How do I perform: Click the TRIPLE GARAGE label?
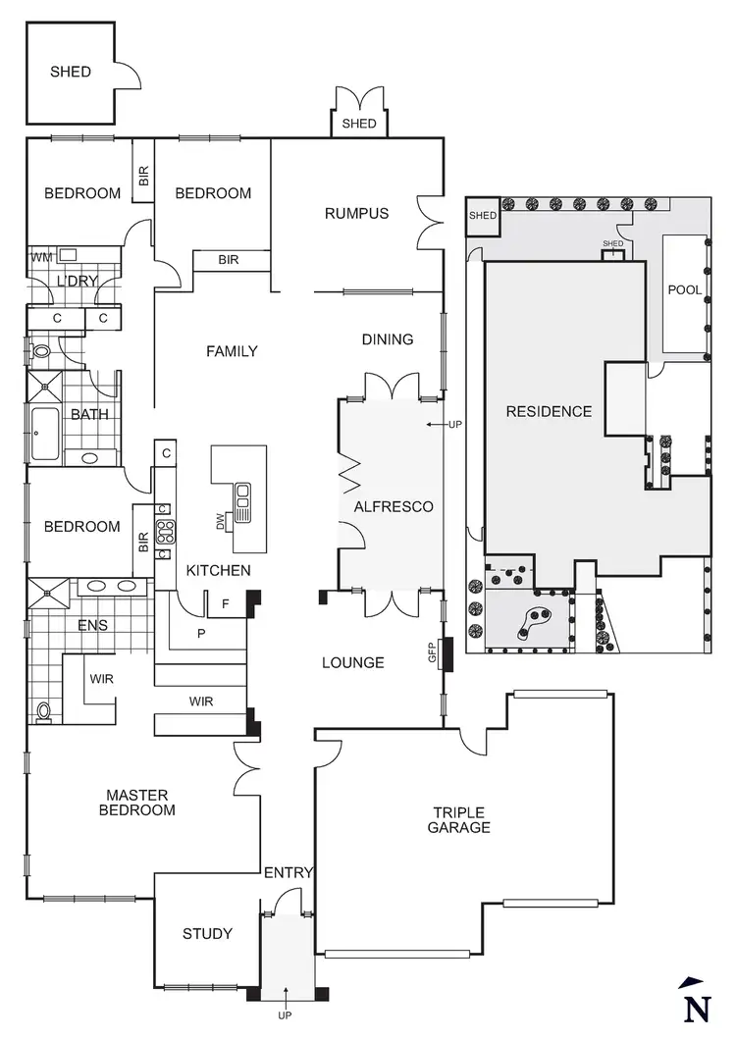459,820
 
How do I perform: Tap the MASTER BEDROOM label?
141,803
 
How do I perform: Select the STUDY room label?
208,933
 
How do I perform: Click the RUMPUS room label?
357,213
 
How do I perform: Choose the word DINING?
388,339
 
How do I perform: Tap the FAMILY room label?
232,351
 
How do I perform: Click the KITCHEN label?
219,570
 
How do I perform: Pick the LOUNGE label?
353,662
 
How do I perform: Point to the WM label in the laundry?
41,257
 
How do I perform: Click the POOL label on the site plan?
684,290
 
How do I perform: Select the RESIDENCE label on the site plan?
549,411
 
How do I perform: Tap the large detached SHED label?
71,72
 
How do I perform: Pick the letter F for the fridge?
225,604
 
